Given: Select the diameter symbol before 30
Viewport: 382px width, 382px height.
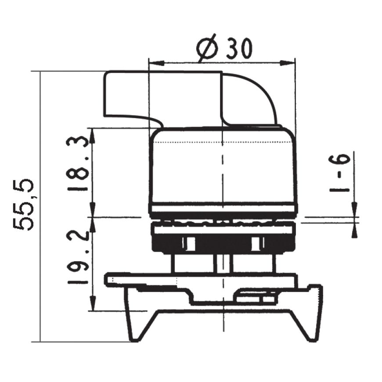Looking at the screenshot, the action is (207, 48).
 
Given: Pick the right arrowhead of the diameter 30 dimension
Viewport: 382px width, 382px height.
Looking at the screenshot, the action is (287, 63).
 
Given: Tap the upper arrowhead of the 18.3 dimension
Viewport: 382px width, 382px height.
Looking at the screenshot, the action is (93, 136).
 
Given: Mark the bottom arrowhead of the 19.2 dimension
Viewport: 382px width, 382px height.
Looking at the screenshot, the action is (93, 303).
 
